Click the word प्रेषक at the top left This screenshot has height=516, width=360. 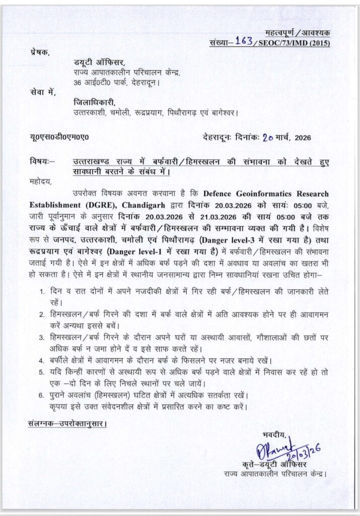(40, 52)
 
